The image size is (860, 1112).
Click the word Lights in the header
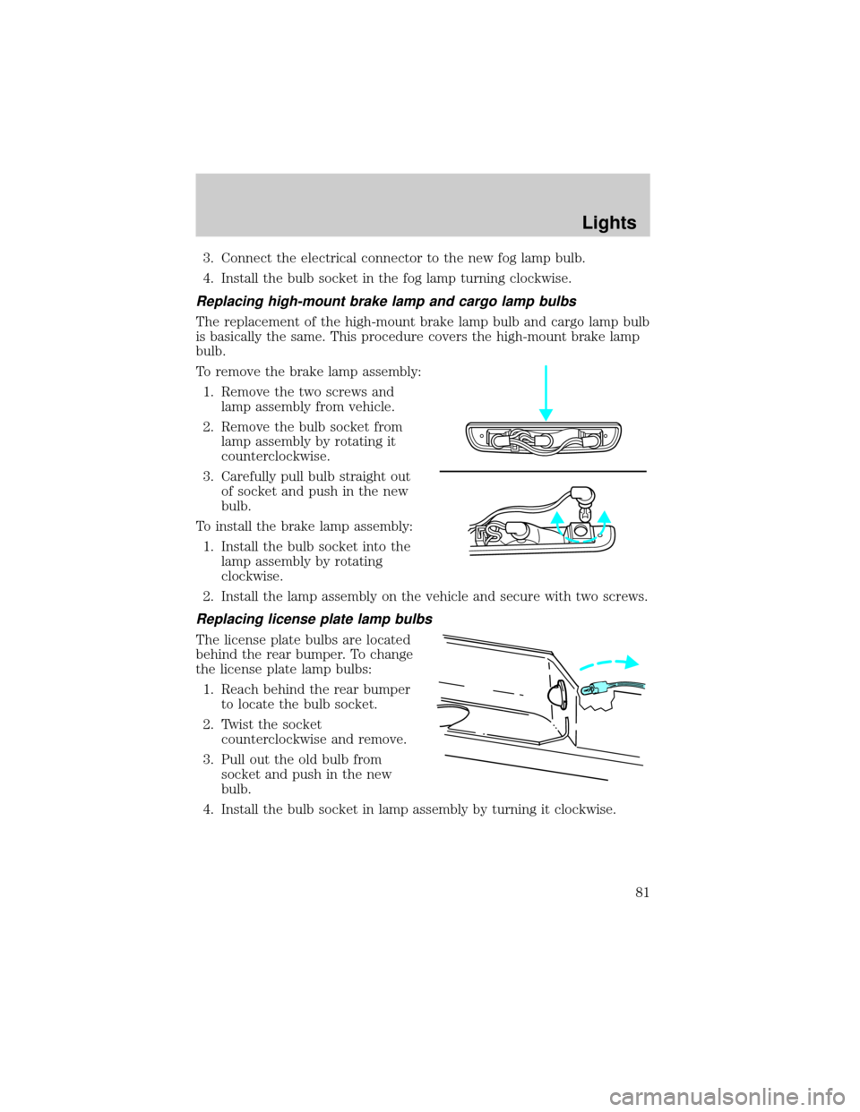click(x=609, y=223)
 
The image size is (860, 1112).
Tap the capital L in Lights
click(x=585, y=223)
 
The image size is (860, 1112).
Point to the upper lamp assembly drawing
click(x=543, y=439)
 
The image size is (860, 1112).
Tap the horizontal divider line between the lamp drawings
click(x=543, y=470)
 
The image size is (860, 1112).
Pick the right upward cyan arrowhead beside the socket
click(x=605, y=517)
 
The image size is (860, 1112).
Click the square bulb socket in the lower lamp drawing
click(x=580, y=532)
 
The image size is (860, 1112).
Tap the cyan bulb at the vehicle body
click(x=594, y=689)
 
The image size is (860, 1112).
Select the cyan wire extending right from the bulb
click(x=627, y=686)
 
